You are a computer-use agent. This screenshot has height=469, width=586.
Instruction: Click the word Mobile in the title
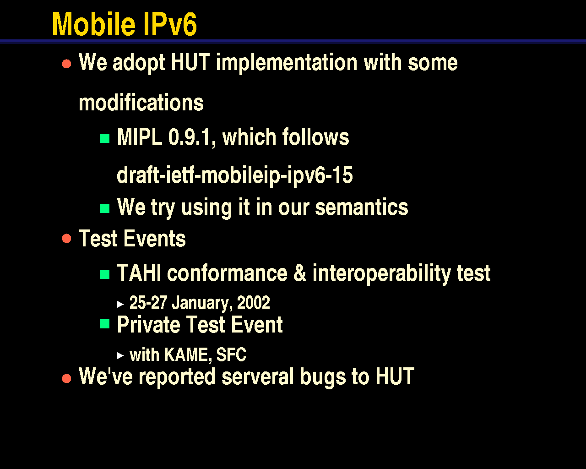pyautogui.click(x=94, y=24)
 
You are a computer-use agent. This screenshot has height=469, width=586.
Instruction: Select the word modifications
pyautogui.click(x=141, y=103)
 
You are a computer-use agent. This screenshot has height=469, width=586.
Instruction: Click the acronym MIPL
pyautogui.click(x=140, y=136)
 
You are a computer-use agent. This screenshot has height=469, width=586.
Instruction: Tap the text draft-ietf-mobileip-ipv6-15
pyautogui.click(x=235, y=175)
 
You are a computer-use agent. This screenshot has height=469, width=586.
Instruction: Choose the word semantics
pyautogui.click(x=362, y=207)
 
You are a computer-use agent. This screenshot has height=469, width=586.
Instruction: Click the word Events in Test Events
pyautogui.click(x=154, y=238)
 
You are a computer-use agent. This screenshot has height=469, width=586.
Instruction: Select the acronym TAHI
pyautogui.click(x=139, y=273)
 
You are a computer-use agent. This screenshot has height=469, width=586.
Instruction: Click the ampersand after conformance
pyautogui.click(x=300, y=273)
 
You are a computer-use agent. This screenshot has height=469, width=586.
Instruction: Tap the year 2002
pyautogui.click(x=254, y=302)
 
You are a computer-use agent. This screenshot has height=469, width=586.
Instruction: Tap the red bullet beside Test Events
pyautogui.click(x=66, y=239)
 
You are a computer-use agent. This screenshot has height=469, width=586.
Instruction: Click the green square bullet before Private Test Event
pyautogui.click(x=105, y=324)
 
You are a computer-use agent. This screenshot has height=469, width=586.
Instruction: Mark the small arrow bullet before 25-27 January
pyautogui.click(x=120, y=304)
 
